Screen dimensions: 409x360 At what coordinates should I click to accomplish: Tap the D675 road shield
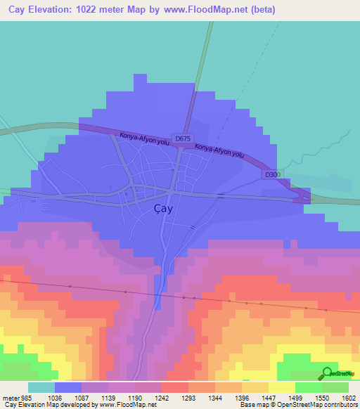tap(182, 139)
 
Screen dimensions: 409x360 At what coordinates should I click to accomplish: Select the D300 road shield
tap(274, 174)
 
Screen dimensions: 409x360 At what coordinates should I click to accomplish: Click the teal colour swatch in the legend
tap(41, 387)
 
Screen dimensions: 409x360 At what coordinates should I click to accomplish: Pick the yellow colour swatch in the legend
tap(281, 387)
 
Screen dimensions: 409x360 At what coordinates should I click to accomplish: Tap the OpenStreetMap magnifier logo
tap(326, 374)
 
